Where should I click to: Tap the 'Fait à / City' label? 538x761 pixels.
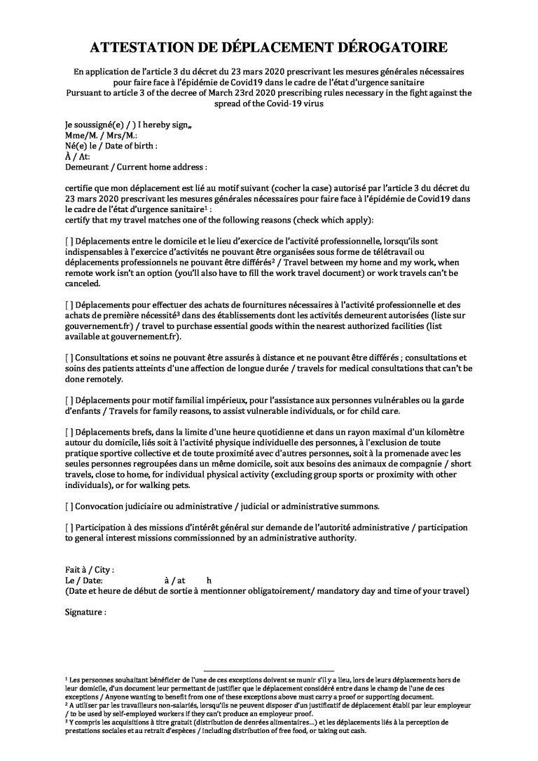tap(88, 570)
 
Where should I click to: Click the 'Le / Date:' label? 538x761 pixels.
tap(83, 580)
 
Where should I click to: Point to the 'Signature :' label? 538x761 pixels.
tap(85, 612)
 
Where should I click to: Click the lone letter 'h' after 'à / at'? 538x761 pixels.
tap(209, 580)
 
